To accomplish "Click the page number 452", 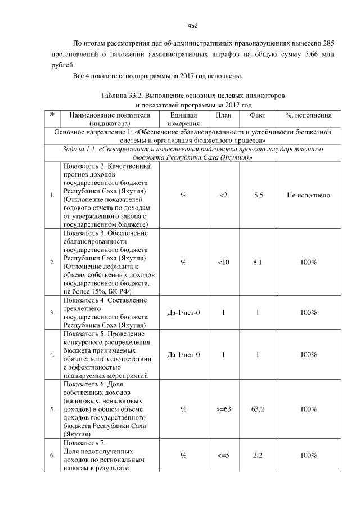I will click(192, 25).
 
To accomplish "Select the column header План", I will click(223, 115).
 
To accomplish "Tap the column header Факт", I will click(257, 115).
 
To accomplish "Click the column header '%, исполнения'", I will click(309, 115).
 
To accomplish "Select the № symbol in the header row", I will click(52, 115).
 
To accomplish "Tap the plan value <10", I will click(223, 262).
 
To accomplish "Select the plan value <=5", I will click(223, 456).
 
